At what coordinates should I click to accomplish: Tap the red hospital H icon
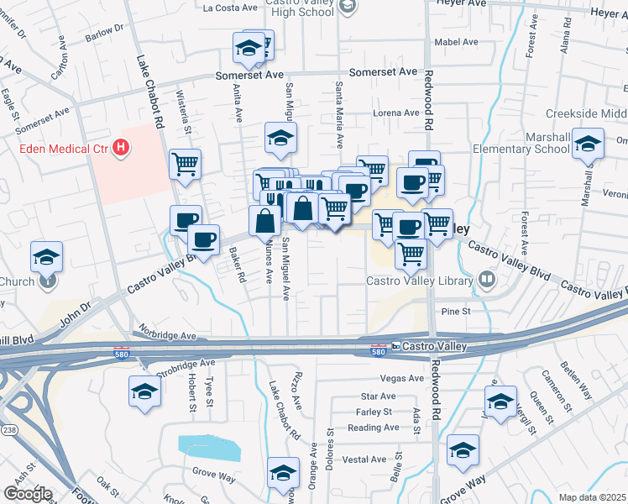tap(122, 149)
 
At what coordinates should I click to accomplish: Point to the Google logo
tap(27, 493)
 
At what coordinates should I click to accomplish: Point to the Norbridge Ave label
tap(169, 334)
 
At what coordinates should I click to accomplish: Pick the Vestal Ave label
tap(364, 459)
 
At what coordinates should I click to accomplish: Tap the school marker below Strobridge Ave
tap(144, 391)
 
